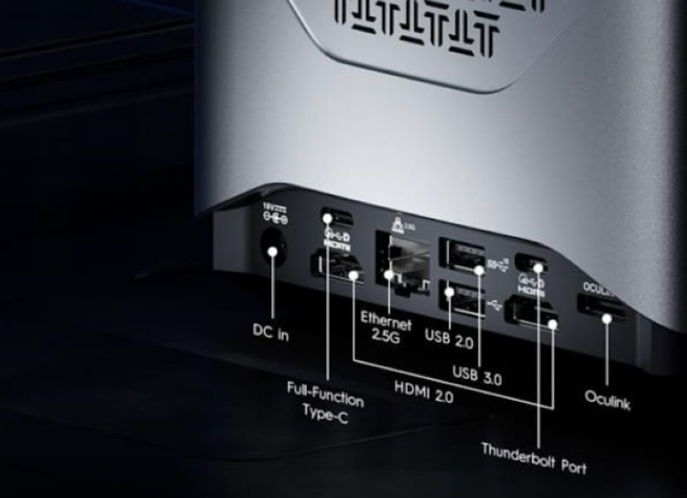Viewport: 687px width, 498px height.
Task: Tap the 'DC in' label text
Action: pos(271,334)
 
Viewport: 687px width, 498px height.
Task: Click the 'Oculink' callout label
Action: pos(607,400)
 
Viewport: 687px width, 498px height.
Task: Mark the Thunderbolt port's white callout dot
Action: pos(539,267)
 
